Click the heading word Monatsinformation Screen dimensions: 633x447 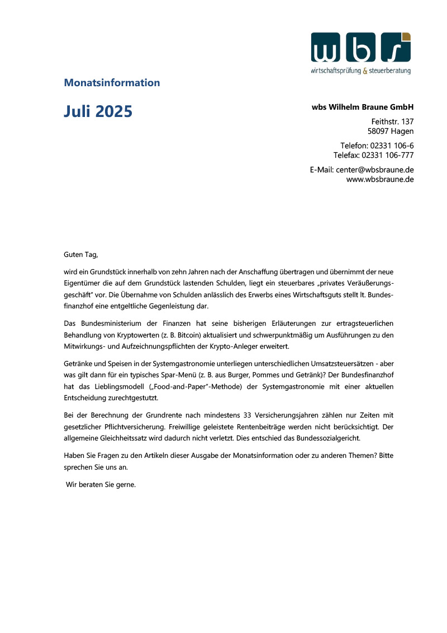click(x=112, y=83)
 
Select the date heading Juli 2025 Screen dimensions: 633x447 click(x=98, y=111)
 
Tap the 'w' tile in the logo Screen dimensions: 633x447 click(x=326, y=47)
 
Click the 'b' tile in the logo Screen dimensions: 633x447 click(x=360, y=47)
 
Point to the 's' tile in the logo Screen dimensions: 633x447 click(x=396, y=47)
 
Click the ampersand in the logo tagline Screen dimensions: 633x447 click(x=365, y=71)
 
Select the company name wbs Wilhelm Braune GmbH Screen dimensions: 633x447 click(x=363, y=107)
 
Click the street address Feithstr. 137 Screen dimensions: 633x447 click(x=392, y=121)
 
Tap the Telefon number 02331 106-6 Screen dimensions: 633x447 click(x=392, y=146)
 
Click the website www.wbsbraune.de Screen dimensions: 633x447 click(x=380, y=179)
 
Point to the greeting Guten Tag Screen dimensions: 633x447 click(x=81, y=255)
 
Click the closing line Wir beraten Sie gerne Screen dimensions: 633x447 click(x=101, y=485)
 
